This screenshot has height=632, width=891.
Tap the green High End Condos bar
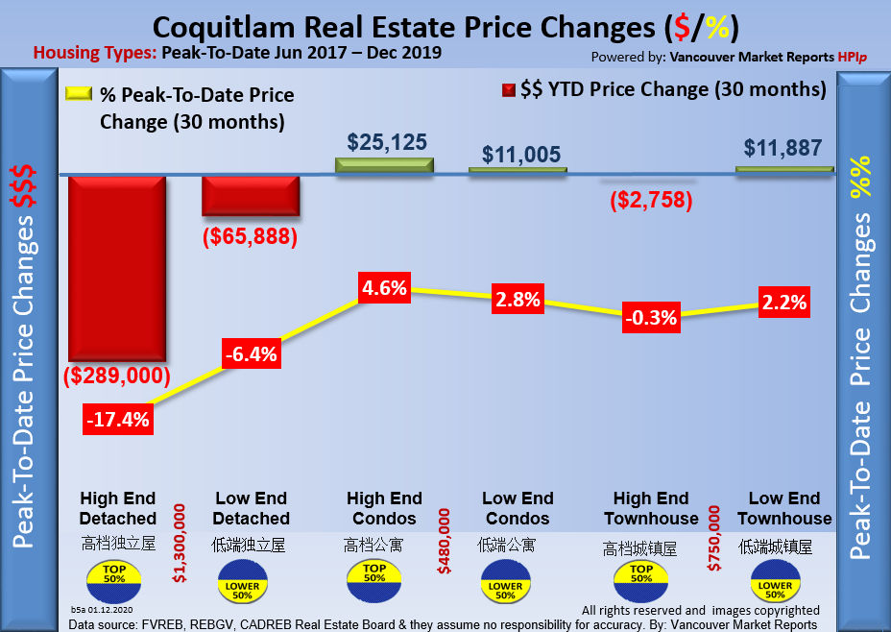pyautogui.click(x=385, y=165)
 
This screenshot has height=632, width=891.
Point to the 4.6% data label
pyautogui.click(x=384, y=287)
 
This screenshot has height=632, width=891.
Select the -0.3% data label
pyautogui.click(x=650, y=315)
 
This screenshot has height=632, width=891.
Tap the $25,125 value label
pyautogui.click(x=385, y=141)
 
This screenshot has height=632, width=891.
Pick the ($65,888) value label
pyautogui.click(x=251, y=236)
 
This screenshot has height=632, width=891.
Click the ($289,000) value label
pyautogui.click(x=117, y=376)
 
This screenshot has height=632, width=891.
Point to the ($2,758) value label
pyautogui.click(x=651, y=200)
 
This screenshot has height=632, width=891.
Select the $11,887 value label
pyautogui.click(x=783, y=148)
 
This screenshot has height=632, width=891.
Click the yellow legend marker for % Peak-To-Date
pyautogui.click(x=78, y=95)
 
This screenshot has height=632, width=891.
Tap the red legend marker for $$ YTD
pyautogui.click(x=507, y=91)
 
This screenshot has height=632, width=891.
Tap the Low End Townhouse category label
pyautogui.click(x=783, y=508)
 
